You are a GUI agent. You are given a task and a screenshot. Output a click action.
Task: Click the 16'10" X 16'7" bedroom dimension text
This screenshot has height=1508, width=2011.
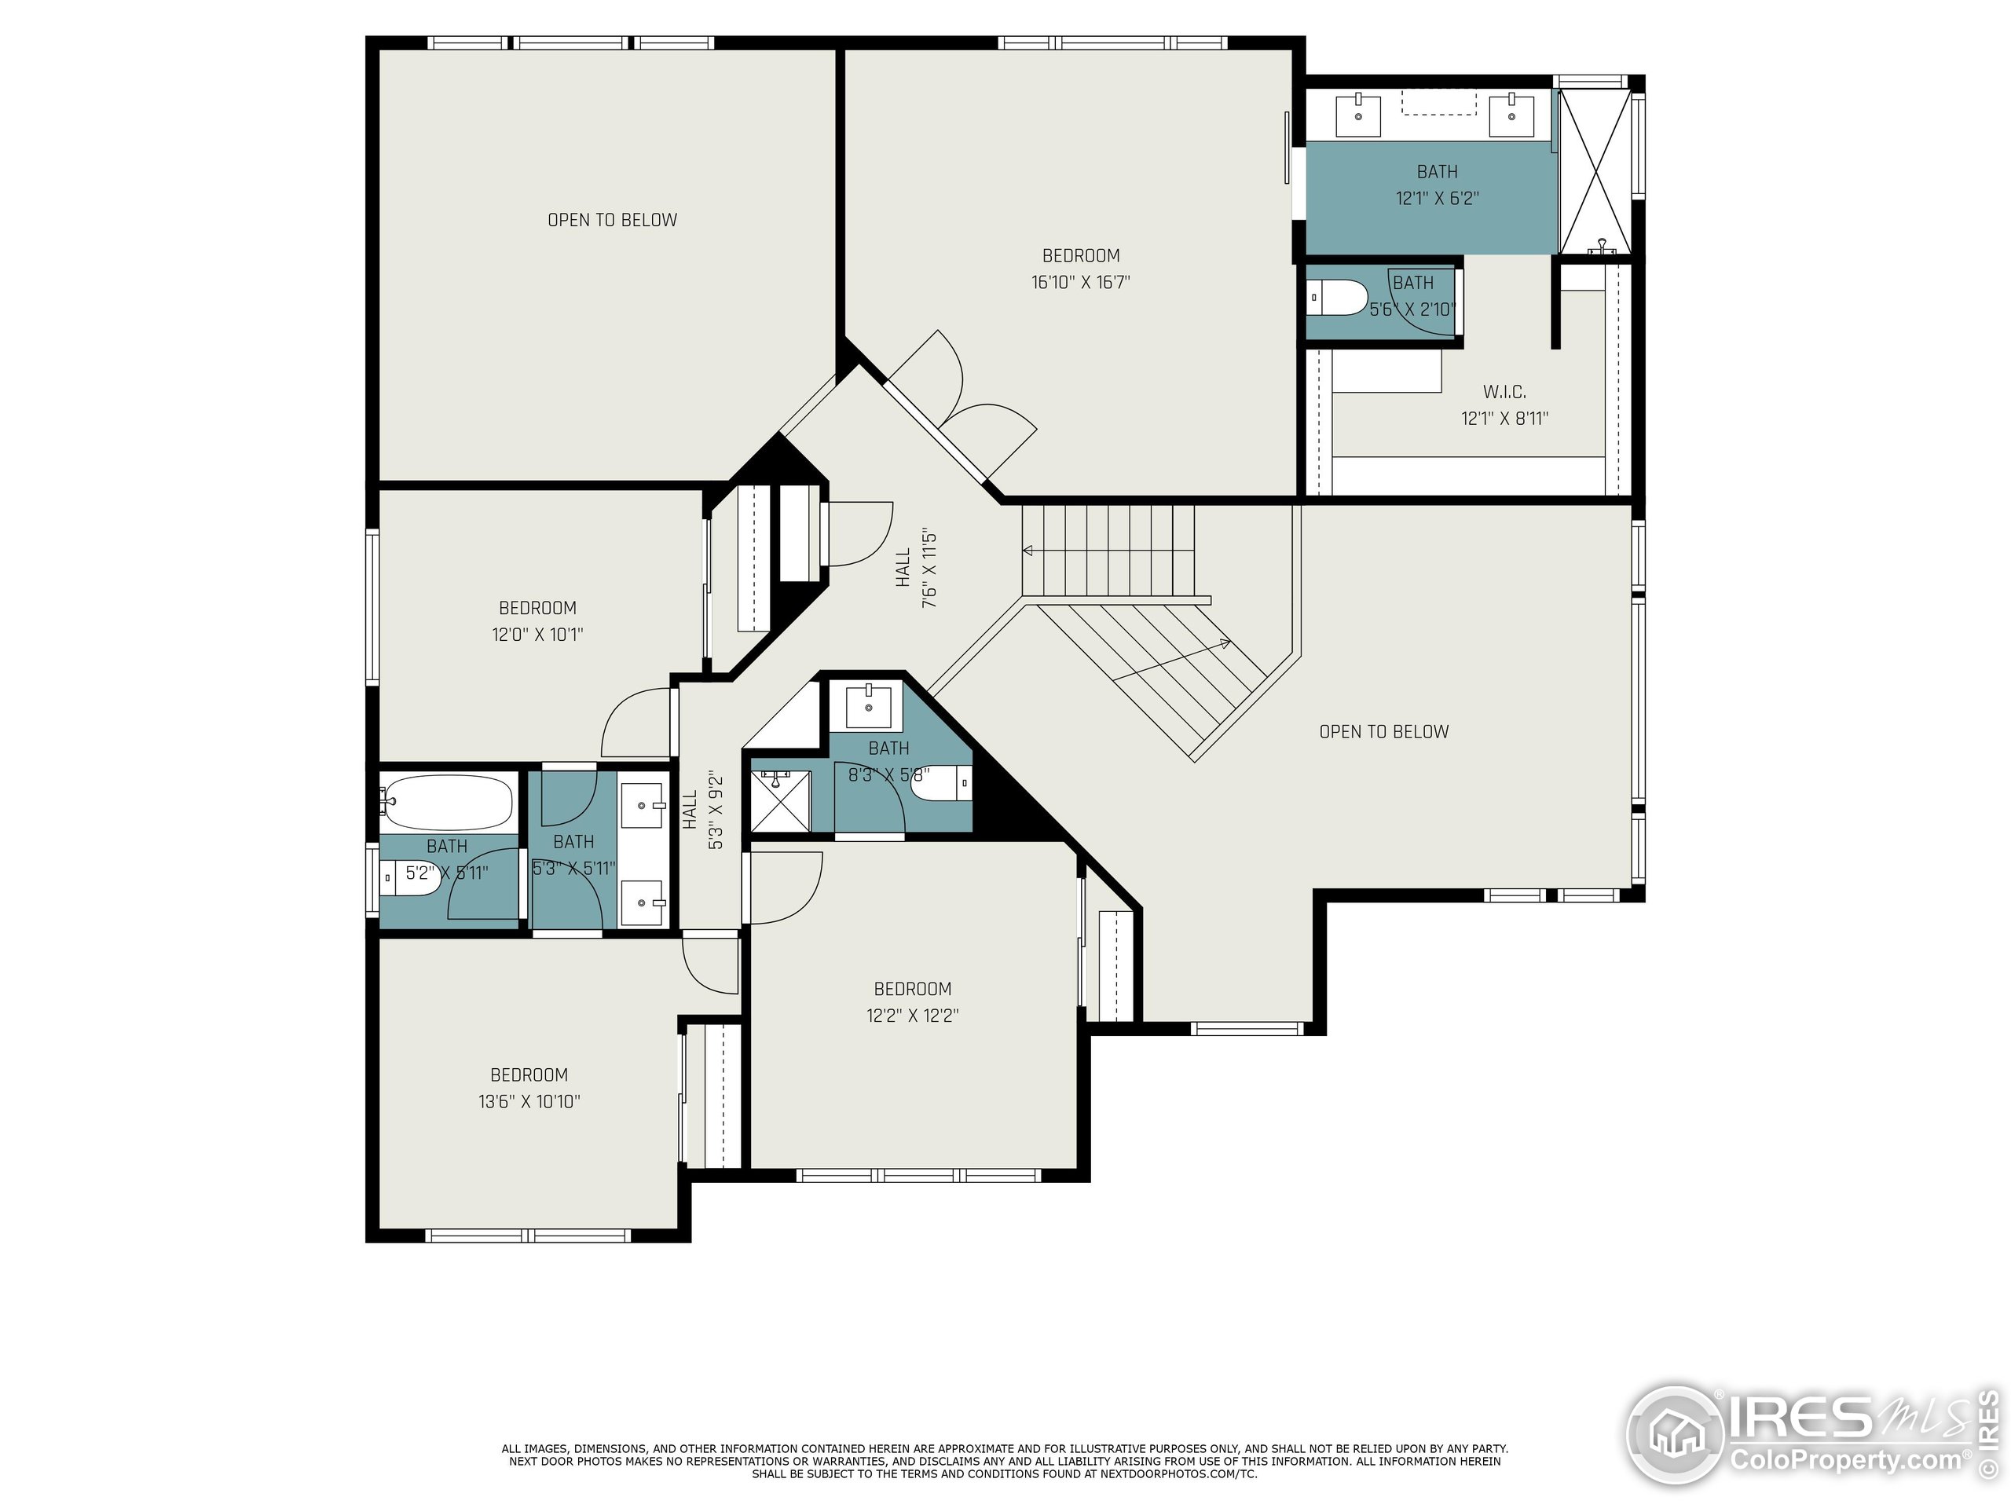[x=1080, y=283]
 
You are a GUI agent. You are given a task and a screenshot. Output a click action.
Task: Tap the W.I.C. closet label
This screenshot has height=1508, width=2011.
[x=1504, y=392]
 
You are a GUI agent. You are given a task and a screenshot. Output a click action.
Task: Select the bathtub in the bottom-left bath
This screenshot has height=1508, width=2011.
[x=445, y=801]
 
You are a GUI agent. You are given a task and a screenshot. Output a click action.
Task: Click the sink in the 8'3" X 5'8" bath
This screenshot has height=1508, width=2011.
[x=868, y=706]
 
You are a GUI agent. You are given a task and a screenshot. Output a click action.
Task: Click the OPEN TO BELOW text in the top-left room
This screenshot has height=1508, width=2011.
[x=612, y=220]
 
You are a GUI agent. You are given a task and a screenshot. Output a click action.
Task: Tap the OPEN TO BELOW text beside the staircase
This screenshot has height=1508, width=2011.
[x=1383, y=732]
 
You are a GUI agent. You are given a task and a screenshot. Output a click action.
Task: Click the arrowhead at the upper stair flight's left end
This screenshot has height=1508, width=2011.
[x=1027, y=550]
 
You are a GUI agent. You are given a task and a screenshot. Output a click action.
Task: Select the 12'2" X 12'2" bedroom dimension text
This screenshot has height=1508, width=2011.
[x=912, y=1016]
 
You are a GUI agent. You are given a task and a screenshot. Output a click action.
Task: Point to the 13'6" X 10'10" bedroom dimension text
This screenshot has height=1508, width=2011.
[x=529, y=1102]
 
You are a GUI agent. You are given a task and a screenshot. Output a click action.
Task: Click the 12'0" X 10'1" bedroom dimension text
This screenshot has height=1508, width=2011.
[x=537, y=635]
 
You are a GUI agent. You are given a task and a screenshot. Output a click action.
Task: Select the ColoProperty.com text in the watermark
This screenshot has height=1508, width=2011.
[x=1844, y=1461]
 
